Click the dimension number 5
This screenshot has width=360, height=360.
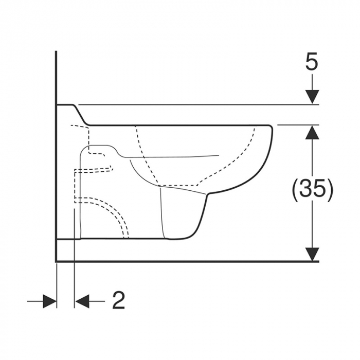(x=312, y=61)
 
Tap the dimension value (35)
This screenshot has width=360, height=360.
(x=312, y=188)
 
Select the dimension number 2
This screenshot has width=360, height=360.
(x=119, y=300)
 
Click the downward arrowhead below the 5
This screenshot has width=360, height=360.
(x=312, y=97)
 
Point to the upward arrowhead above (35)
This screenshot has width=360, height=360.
(x=312, y=132)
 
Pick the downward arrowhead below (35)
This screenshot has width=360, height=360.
(x=312, y=254)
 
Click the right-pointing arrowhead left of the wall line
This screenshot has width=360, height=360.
(x=49, y=301)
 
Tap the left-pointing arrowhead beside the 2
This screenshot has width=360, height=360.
(x=82, y=301)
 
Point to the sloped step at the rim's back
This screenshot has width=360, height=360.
(x=81, y=115)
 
